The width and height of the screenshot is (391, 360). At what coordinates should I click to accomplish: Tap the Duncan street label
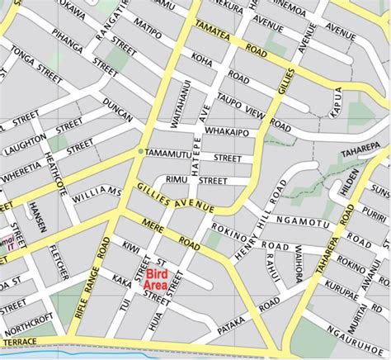[x=118, y=111]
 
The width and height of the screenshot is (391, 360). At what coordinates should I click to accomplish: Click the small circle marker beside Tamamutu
[x=139, y=153]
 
